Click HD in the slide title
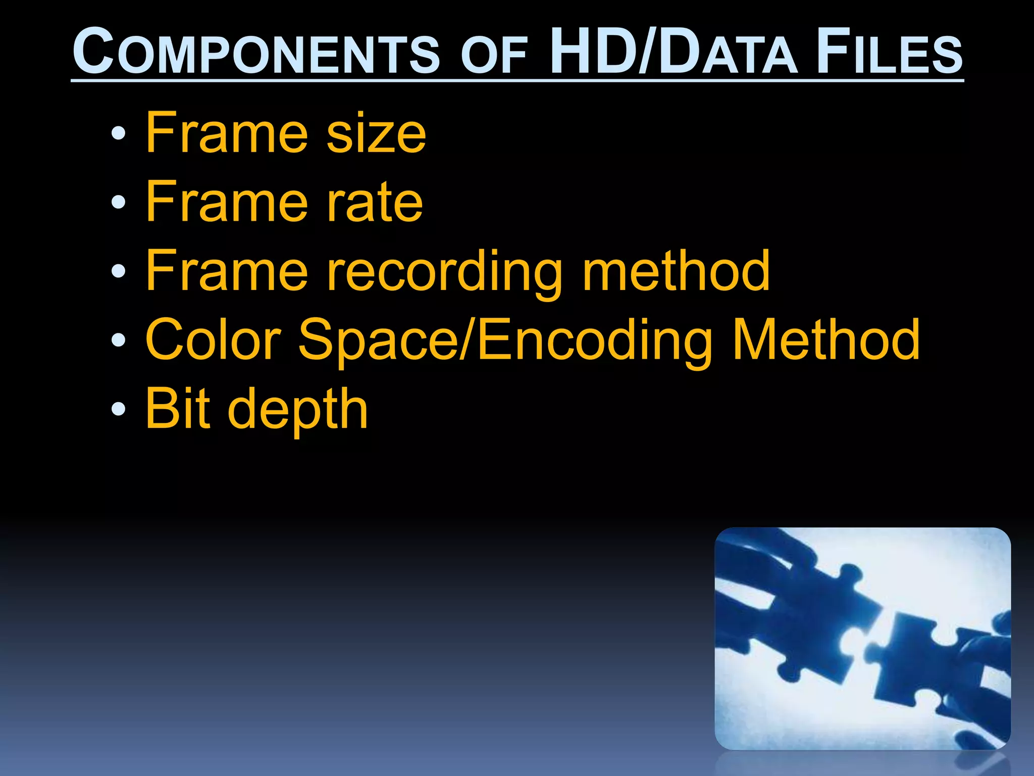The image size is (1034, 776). (x=593, y=52)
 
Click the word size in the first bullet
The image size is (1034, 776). (x=376, y=134)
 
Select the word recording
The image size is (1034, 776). (x=445, y=273)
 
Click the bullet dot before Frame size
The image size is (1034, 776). (x=118, y=133)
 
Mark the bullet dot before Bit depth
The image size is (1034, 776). (x=118, y=409)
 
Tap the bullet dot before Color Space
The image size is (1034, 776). (x=118, y=339)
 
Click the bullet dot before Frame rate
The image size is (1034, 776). (x=118, y=203)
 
